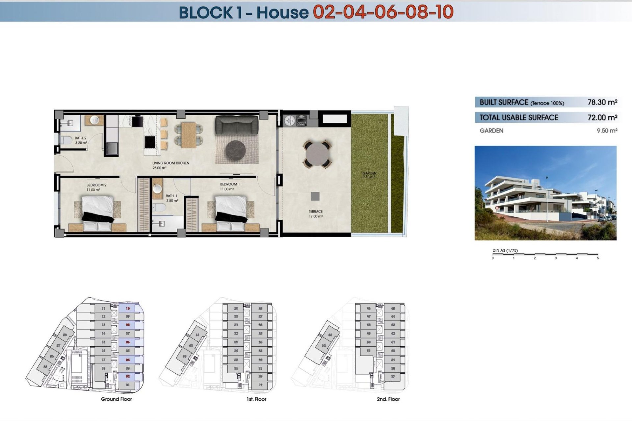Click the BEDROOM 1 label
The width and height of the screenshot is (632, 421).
pyautogui.click(x=230, y=184)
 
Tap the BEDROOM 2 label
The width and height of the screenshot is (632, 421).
pyautogui.click(x=96, y=185)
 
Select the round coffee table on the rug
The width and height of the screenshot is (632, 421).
pyautogui.click(x=235, y=150)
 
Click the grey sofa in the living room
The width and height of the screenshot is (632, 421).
pyautogui.click(x=237, y=125)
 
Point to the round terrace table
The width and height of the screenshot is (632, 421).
pyautogui.click(x=317, y=154)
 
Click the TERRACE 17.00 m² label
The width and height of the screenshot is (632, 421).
pyautogui.click(x=315, y=214)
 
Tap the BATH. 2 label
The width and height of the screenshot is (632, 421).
pyautogui.click(x=81, y=138)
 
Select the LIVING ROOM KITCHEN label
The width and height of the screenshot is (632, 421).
pyautogui.click(x=171, y=163)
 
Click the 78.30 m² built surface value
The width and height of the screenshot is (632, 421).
pyautogui.click(x=602, y=102)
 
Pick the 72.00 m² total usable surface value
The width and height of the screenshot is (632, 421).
pyautogui.click(x=602, y=117)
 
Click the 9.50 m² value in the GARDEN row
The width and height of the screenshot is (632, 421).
pyautogui.click(x=607, y=131)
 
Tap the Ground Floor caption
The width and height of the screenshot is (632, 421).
pyautogui.click(x=116, y=399)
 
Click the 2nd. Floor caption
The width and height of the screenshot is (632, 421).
pyautogui.click(x=388, y=399)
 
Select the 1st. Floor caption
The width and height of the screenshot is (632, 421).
pyautogui.click(x=256, y=399)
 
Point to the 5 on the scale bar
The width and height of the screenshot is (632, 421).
pyautogui.click(x=598, y=258)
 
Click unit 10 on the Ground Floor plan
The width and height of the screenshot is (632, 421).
pyautogui.click(x=128, y=309)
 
